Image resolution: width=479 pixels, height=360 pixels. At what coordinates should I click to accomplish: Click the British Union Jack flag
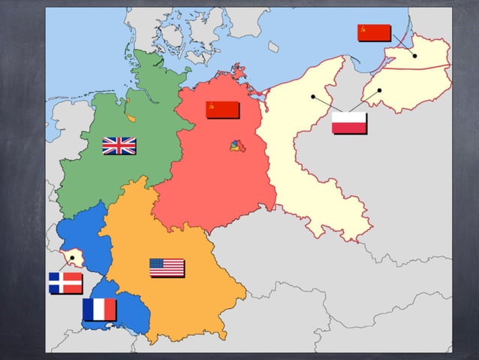coord(119,145)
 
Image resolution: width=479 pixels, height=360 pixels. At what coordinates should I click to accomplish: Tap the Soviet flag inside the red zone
coord(222,110)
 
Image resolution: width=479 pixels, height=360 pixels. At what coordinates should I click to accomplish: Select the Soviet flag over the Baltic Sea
coord(374,32)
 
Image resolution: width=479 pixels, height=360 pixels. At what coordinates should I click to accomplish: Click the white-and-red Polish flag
coord(349,123)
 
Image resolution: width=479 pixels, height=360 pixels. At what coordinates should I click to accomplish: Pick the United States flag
coord(167,268)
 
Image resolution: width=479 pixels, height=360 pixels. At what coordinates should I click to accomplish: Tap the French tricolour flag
coord(99,309)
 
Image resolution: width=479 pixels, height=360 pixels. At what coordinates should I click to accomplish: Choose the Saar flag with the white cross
coord(65,283)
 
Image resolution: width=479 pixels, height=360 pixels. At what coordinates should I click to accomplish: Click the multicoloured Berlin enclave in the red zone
coord(237,144)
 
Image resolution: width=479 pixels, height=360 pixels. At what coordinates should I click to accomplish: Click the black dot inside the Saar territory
coord(72,258)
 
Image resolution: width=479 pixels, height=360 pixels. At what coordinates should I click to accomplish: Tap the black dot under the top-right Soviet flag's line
coord(414,56)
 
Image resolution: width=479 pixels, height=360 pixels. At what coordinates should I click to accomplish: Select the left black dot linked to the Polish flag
coord(312,96)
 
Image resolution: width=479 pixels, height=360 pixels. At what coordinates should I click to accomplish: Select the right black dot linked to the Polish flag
coord(380,91)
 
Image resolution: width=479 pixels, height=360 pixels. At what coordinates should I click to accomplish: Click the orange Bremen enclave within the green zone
coord(131,118)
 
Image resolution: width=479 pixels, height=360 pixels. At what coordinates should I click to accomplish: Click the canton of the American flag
coord(156,263)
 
